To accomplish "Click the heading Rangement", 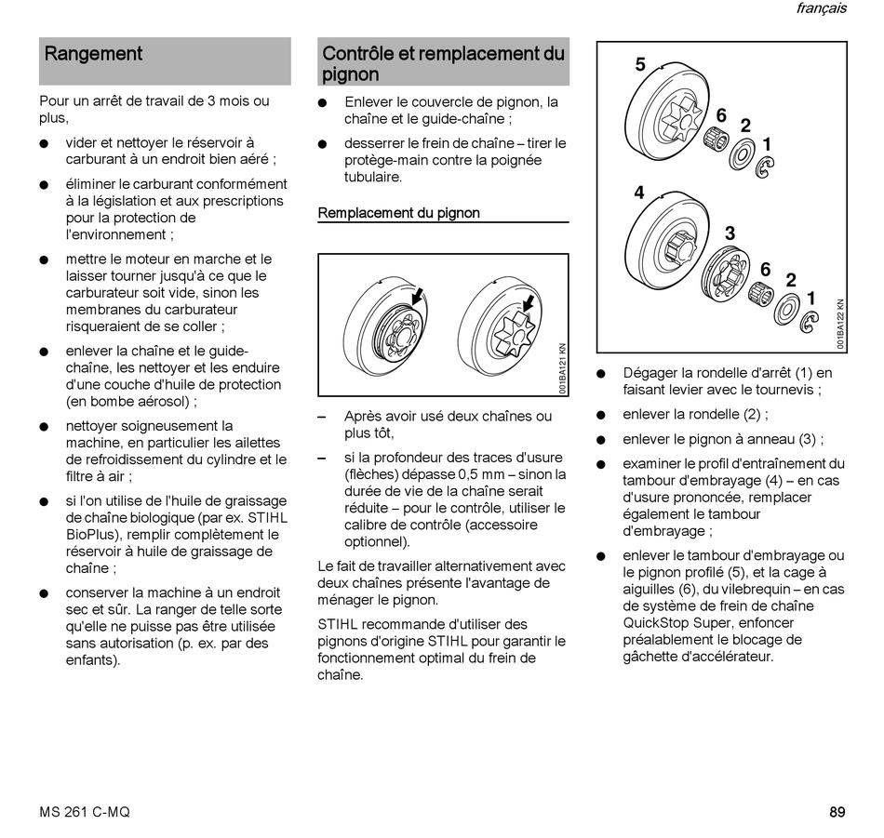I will point(93,54).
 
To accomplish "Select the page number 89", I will point(837,812).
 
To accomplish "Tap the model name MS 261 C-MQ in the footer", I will point(85,812).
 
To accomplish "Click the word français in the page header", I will point(821,8).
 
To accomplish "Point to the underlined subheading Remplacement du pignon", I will point(398,213).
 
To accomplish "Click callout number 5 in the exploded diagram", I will point(640,64).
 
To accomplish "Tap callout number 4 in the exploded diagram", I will point(639,193).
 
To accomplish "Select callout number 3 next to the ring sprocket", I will point(730,233).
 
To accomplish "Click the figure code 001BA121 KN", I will point(562,369).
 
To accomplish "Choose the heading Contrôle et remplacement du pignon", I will point(443,63).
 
